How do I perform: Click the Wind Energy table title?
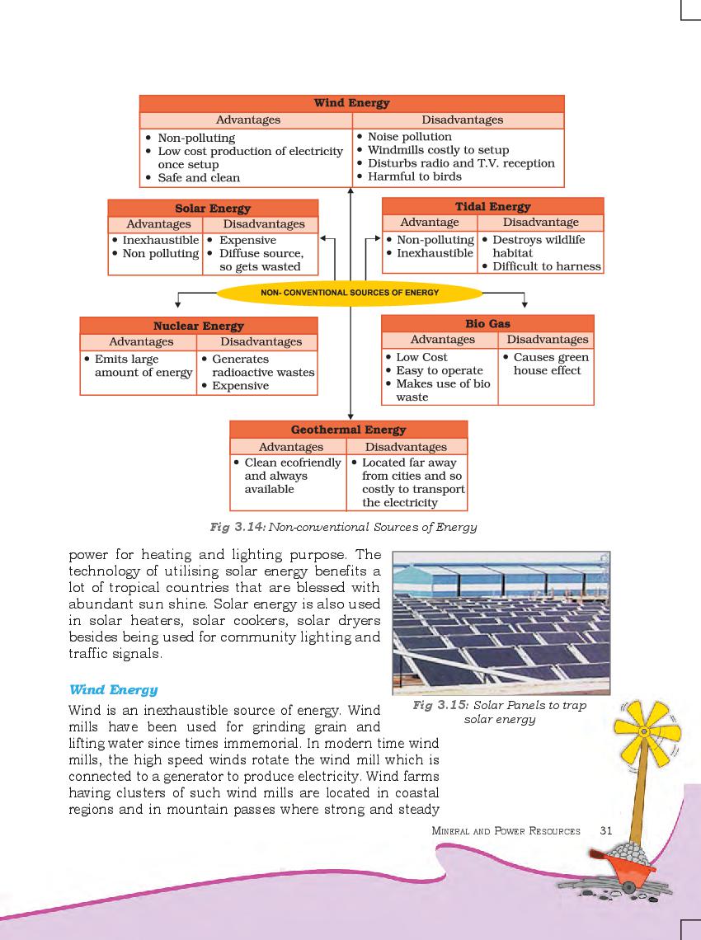click(351, 103)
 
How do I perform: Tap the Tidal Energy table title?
click(492, 206)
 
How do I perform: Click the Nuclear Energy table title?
click(198, 326)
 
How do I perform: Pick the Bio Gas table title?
click(487, 323)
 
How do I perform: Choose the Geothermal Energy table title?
click(348, 430)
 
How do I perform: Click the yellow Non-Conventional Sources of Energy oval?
click(350, 293)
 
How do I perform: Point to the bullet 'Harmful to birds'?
click(414, 176)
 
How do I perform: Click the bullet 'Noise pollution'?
click(409, 137)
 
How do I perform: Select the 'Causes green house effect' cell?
click(546, 364)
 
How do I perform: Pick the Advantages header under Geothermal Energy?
click(291, 447)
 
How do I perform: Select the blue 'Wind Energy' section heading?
click(113, 689)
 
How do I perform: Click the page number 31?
click(606, 830)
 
